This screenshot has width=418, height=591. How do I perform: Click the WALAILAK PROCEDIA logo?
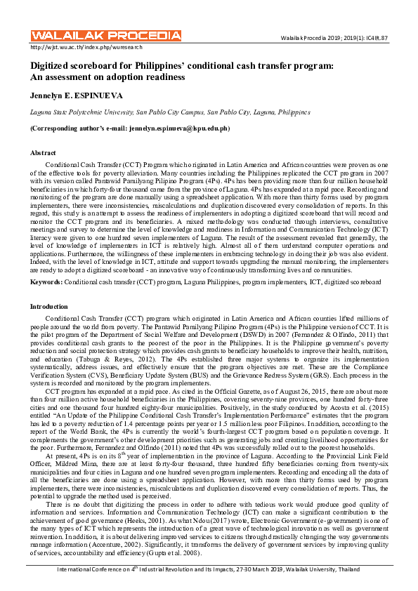[x=105, y=35]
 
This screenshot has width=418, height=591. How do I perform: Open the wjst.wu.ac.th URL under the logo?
[x=86, y=47]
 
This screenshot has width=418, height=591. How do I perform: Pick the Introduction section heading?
[x=50, y=307]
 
